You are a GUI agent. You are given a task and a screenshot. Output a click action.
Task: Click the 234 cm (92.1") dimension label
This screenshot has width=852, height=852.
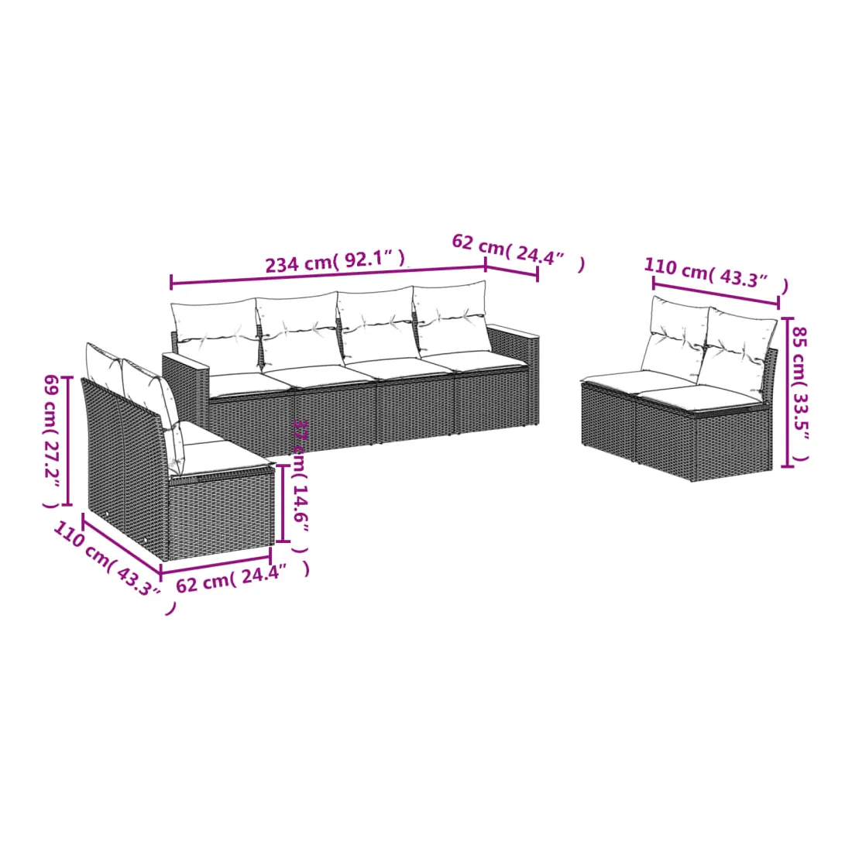(x=335, y=261)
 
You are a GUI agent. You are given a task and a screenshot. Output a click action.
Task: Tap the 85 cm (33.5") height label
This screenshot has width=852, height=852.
(x=799, y=394)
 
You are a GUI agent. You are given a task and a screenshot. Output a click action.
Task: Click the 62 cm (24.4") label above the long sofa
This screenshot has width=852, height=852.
(x=518, y=253)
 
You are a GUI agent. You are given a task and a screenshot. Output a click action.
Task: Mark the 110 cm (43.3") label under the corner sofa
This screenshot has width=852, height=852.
(x=114, y=566)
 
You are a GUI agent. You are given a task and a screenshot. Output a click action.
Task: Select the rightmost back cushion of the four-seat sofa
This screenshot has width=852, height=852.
(x=452, y=317)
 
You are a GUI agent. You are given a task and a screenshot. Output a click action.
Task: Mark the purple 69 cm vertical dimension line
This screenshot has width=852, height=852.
(x=68, y=440)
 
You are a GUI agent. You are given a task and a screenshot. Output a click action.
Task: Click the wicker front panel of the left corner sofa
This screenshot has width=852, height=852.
(x=220, y=515)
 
